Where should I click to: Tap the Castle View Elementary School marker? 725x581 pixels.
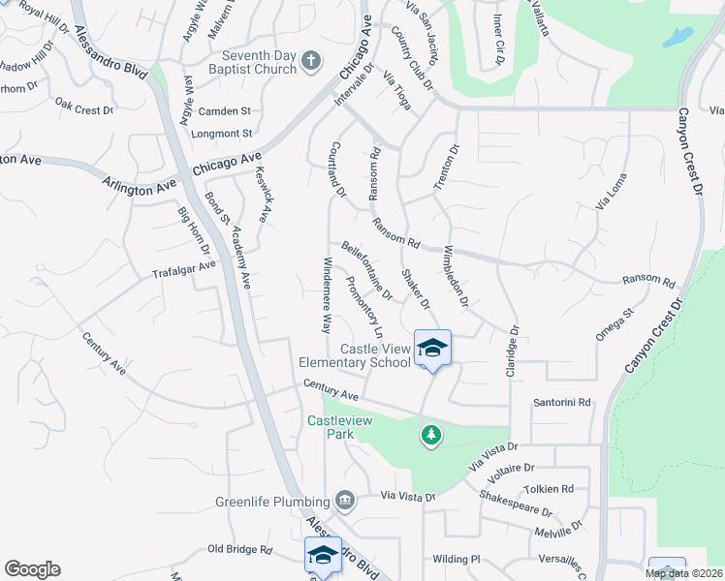pyautogui.click(x=432, y=349)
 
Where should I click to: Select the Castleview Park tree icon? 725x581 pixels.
pyautogui.click(x=431, y=437)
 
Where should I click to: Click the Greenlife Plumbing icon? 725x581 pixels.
pyautogui.click(x=345, y=501)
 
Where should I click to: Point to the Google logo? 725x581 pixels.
pyautogui.click(x=32, y=569)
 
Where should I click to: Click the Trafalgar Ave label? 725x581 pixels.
pyautogui.click(x=183, y=267)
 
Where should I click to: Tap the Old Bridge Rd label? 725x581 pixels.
pyautogui.click(x=239, y=549)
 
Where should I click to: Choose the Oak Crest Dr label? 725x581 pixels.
pyautogui.click(x=84, y=107)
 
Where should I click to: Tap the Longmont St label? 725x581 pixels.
pyautogui.click(x=222, y=133)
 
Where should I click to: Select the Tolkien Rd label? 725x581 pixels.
pyautogui.click(x=549, y=489)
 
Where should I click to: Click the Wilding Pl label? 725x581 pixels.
pyautogui.click(x=457, y=559)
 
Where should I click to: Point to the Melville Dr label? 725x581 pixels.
pyautogui.click(x=556, y=529)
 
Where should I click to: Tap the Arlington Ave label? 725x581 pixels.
pyautogui.click(x=141, y=186)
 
